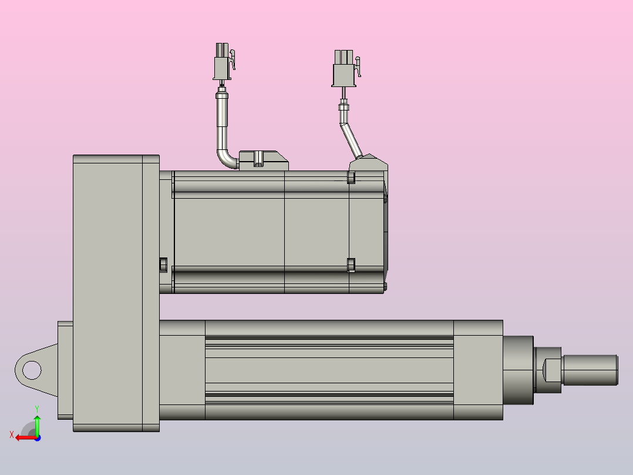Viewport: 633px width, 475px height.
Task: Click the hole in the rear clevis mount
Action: [32, 370]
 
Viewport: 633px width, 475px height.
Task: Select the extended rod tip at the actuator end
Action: [590, 370]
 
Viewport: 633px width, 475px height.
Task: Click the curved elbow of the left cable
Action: [226, 159]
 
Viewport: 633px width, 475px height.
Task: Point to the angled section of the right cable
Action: [351, 141]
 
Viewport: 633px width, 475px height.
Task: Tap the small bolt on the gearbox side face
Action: [163, 265]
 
